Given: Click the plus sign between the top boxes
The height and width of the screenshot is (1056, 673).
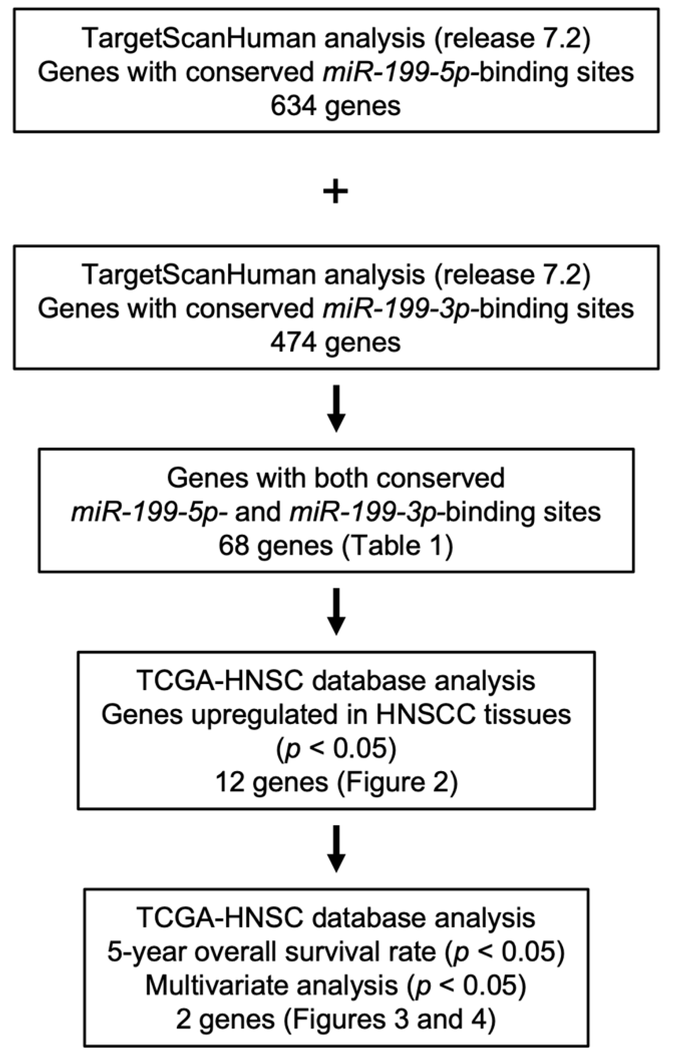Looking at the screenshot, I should [336, 191].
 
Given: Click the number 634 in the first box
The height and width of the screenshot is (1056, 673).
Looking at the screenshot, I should [293, 106].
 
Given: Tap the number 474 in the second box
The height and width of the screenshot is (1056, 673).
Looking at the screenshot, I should [293, 343].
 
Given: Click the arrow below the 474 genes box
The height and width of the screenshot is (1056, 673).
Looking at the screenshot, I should [336, 408].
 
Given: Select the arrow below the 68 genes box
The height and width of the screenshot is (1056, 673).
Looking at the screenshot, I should [336, 611].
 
